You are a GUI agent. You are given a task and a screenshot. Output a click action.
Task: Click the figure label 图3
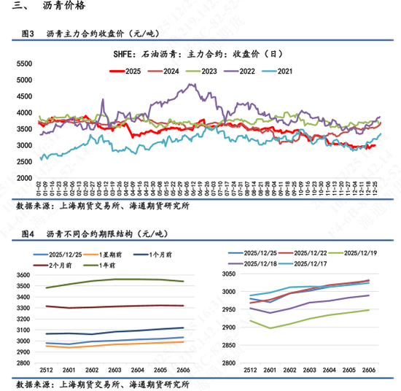pos(29,34)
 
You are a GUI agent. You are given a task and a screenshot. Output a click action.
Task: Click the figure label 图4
pos(29,233)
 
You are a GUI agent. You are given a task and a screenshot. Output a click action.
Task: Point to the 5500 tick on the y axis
pos(23,65)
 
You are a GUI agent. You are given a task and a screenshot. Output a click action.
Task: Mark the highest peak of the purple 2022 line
pos(191,85)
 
